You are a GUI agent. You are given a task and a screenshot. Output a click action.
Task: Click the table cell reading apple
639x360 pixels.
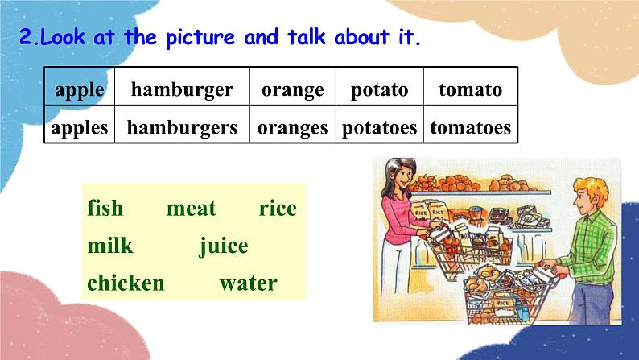(79, 89)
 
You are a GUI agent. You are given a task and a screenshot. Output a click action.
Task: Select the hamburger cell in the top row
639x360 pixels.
(182, 89)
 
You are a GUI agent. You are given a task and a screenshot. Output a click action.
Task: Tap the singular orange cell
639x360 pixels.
(292, 89)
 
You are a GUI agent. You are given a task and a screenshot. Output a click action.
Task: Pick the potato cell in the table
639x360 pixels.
(379, 89)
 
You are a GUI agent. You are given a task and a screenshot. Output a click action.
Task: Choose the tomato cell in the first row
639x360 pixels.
(470, 89)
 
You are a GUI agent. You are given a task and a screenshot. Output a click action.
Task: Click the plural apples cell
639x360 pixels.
(79, 127)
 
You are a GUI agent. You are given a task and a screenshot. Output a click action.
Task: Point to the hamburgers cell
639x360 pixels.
(182, 127)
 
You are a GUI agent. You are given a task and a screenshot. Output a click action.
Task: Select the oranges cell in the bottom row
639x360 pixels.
(292, 127)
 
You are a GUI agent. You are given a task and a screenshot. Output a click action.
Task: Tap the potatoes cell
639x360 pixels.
(379, 127)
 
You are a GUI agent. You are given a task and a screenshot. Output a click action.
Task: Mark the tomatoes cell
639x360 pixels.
(470, 127)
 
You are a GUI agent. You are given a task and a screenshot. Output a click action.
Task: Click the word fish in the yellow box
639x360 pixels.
(105, 209)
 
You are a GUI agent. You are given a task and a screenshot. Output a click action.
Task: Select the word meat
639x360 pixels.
(191, 209)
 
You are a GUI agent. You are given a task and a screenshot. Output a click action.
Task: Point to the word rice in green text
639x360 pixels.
(278, 209)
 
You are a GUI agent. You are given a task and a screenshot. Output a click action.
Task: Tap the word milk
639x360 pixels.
(110, 246)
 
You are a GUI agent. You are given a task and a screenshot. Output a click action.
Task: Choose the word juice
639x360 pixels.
(224, 246)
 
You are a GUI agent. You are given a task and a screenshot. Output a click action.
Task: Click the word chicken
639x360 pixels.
(126, 283)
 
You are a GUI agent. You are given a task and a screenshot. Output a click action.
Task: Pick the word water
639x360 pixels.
(247, 283)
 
